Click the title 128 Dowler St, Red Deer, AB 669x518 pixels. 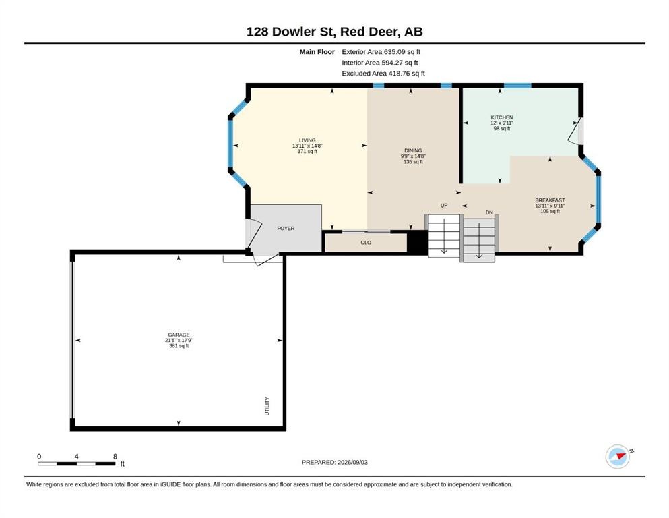(334, 32)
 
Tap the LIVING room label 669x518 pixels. (307, 140)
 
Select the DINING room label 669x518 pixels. (413, 150)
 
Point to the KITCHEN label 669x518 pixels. (502, 117)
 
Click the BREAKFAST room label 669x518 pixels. (550, 200)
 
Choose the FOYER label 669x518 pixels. (286, 229)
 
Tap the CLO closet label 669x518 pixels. (366, 243)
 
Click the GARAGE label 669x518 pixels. (179, 335)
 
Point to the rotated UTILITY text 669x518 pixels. (267, 406)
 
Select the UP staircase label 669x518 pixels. (444, 206)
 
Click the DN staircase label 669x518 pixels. (489, 212)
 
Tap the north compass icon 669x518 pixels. (618, 457)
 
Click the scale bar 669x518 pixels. (77, 464)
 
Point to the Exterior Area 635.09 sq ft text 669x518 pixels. (381, 52)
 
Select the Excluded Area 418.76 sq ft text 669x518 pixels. (383, 74)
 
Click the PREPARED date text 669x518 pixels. (334, 462)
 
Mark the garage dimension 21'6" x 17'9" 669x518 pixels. (179, 341)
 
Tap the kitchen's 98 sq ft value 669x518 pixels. (502, 129)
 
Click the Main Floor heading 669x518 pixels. (317, 52)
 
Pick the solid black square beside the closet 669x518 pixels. (418, 243)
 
